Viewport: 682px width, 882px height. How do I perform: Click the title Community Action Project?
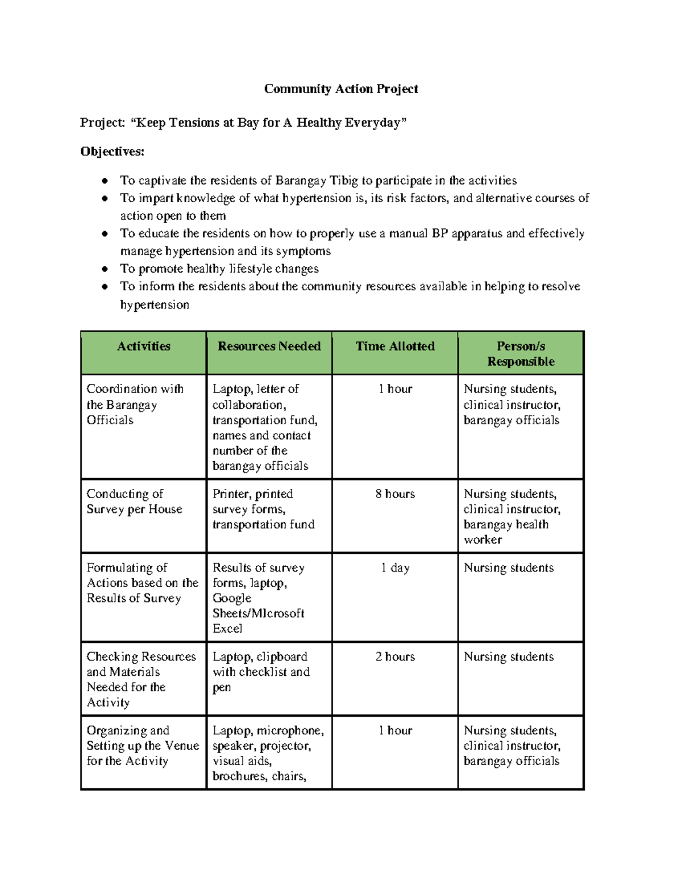[x=341, y=89]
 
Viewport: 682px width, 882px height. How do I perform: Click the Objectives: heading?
[x=113, y=152]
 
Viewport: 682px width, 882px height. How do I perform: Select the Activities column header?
[x=143, y=346]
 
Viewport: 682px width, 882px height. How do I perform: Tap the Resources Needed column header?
[x=269, y=346]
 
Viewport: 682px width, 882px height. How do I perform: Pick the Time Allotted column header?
[x=395, y=346]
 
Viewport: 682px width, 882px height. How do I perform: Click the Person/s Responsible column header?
[x=521, y=354]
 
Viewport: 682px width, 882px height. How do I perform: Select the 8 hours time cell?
[x=395, y=494]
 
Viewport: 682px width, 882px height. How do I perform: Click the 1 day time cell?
[x=395, y=568]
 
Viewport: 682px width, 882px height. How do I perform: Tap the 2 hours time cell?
[x=395, y=657]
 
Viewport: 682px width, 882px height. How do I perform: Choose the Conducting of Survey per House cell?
[x=134, y=501]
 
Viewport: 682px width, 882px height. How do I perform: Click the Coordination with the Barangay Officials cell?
[x=135, y=404]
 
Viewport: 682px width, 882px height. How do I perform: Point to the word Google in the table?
[x=232, y=599]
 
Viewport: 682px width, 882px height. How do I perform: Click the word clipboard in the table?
[x=282, y=657]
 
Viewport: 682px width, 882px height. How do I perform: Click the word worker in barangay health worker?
[x=483, y=540]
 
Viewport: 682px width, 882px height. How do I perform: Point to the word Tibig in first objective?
[x=343, y=181]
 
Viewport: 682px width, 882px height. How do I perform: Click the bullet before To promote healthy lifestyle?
[x=105, y=269]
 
